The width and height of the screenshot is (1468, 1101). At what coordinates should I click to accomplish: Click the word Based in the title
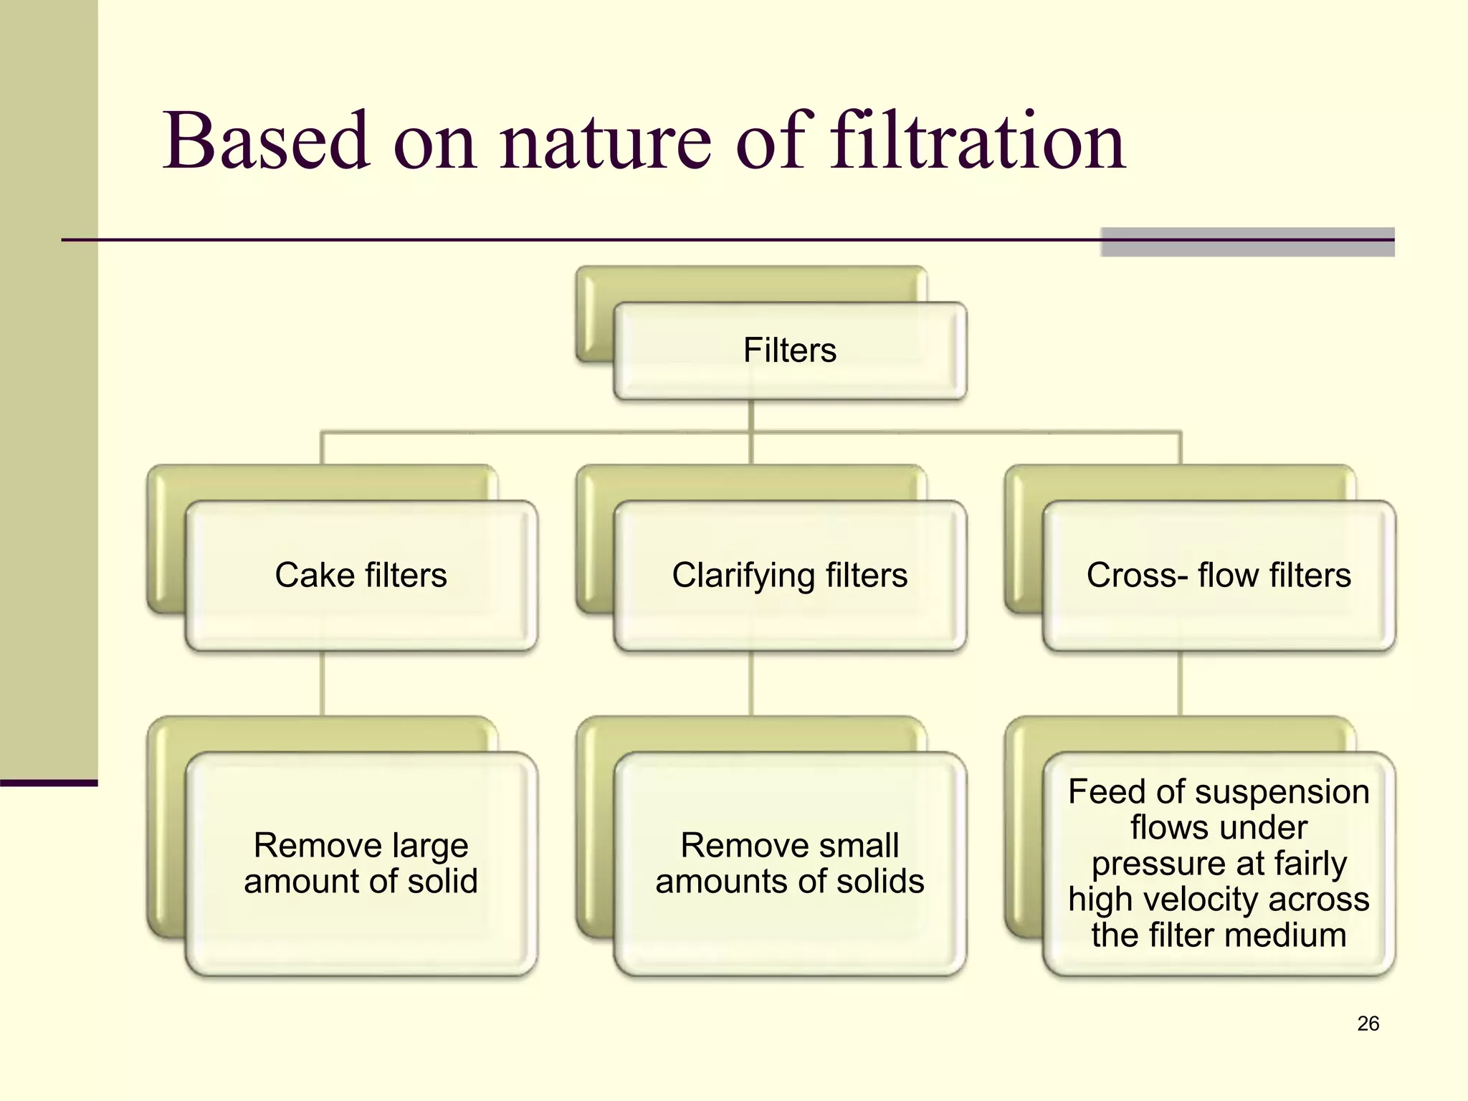pyautogui.click(x=265, y=141)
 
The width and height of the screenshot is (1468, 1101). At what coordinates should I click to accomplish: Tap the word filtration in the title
pyautogui.click(x=978, y=141)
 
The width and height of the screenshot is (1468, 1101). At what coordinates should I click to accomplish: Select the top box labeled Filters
pyautogui.click(x=790, y=351)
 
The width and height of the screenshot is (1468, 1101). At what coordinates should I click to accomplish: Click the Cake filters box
pyautogui.click(x=361, y=576)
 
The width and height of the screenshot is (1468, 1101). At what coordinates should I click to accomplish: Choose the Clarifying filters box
pyautogui.click(x=790, y=576)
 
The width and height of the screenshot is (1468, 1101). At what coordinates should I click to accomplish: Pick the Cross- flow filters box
pyautogui.click(x=1219, y=576)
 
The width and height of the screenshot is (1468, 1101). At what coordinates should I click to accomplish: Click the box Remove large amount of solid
pyautogui.click(x=361, y=863)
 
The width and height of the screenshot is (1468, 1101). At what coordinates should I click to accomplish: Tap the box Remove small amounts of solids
pyautogui.click(x=790, y=863)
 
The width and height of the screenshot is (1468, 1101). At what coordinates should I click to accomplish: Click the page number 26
pyautogui.click(x=1368, y=1024)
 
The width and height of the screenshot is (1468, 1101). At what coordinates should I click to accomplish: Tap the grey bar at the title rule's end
pyautogui.click(x=1247, y=242)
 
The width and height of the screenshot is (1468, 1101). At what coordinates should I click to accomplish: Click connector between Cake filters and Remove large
pyautogui.click(x=322, y=683)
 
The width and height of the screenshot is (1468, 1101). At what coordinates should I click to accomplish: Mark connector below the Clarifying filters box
pyautogui.click(x=751, y=683)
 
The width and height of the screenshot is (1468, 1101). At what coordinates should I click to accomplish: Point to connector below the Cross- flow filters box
pyautogui.click(x=1180, y=683)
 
